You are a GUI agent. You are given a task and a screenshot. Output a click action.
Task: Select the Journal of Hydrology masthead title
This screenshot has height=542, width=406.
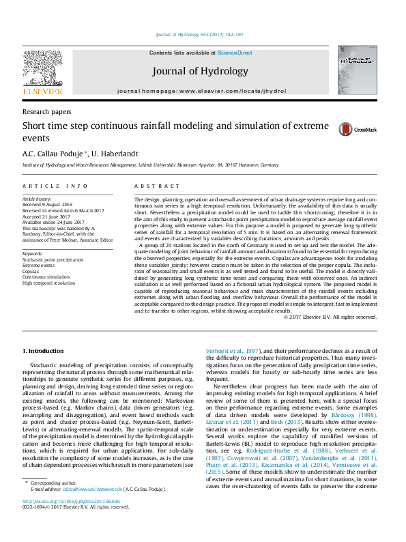tap(200, 71)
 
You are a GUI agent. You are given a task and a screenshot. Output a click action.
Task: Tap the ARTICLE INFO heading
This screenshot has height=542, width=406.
tap(55, 186)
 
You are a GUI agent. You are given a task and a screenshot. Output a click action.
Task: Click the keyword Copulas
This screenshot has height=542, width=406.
tap(31, 270)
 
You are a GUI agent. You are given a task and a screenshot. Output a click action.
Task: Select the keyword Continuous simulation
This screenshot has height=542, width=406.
tap(46, 276)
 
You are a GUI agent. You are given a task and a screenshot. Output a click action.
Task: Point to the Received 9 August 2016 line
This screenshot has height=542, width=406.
tap(48, 204)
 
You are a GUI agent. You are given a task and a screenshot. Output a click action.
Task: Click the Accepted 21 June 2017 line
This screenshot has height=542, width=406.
tap(47, 216)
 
